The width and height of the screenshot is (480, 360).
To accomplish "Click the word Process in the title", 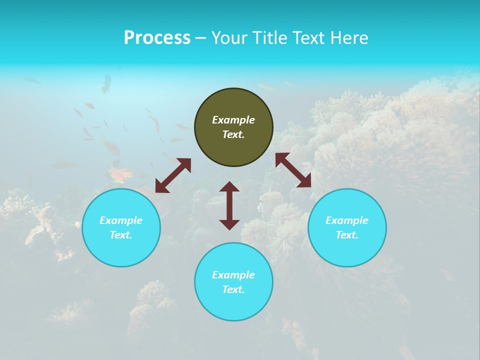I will coord(157,38).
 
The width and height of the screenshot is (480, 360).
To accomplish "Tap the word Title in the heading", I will coord(269,38).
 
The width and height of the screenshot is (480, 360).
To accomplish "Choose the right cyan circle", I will coord(347,247).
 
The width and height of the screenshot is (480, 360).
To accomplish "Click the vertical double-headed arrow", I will coord(229,205).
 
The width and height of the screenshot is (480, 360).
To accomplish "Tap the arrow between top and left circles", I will coord(173,175).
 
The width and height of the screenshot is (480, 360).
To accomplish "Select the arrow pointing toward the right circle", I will coord(293,170).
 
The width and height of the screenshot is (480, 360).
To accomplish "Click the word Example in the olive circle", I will coord(233,120).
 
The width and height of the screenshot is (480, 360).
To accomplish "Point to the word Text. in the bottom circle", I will coord(233,289).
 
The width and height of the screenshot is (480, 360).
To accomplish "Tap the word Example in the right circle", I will coord(347,220).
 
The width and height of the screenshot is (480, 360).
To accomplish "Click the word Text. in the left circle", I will coord(121,235).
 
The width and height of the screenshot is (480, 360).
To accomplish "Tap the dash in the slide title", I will coord(201,38).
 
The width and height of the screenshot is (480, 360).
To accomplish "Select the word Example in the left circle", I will coord(121,220).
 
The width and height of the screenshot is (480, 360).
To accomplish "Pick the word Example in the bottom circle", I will coord(233,275).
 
